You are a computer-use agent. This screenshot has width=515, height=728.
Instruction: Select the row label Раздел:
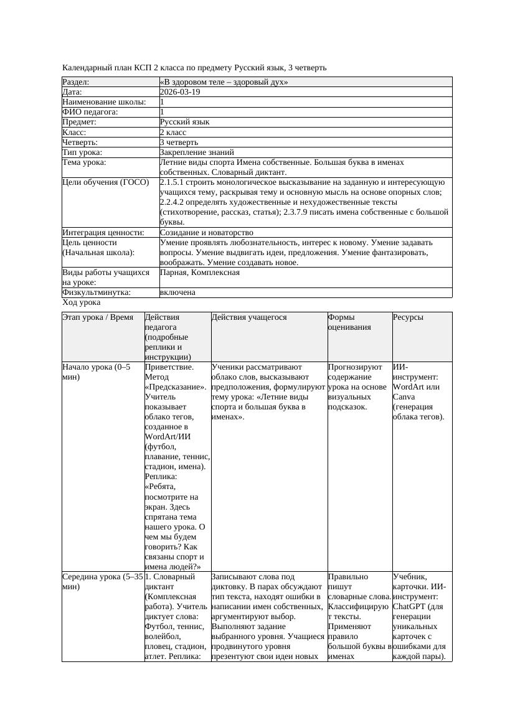coord(76,82)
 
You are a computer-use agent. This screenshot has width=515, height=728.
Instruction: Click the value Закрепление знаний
coord(197,152)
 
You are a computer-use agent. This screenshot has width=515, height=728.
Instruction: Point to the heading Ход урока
coord(82,302)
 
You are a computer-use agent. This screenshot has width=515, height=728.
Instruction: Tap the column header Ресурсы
coord(409,317)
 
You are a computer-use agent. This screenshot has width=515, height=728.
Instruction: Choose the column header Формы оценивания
coord(350,322)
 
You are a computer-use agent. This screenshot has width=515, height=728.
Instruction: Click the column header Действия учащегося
coord(249,317)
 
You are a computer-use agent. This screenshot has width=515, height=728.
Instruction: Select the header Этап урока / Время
coord(98,317)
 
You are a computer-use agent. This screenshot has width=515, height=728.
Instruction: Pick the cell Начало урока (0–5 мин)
coord(97,372)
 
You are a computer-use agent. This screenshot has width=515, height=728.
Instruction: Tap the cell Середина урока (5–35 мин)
coord(103,582)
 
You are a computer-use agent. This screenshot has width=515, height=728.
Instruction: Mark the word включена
coord(177,292)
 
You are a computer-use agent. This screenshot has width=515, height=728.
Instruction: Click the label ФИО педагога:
coord(90,112)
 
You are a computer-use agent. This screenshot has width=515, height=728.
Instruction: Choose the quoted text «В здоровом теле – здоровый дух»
coord(224,82)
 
